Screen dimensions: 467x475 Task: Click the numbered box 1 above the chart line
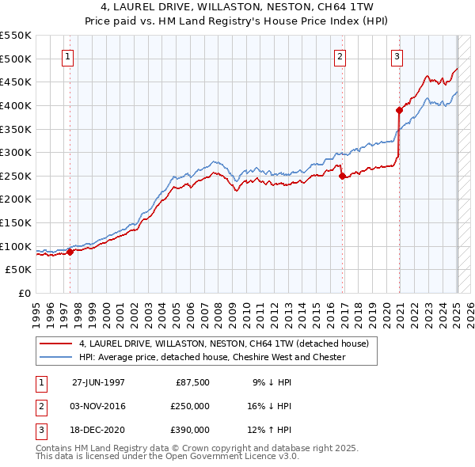[x=68, y=56]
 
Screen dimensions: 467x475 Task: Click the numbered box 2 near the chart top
[x=340, y=56]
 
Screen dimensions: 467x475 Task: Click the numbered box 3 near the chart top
[x=397, y=56]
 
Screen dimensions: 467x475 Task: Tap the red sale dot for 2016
[x=342, y=177]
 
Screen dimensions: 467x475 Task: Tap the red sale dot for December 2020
[x=399, y=111]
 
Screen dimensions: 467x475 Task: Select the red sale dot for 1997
[x=70, y=252]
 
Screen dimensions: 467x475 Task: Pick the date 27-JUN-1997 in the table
[x=98, y=382]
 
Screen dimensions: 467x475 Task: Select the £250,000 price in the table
[x=190, y=406]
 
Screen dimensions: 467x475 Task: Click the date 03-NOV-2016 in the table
[x=98, y=406]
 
